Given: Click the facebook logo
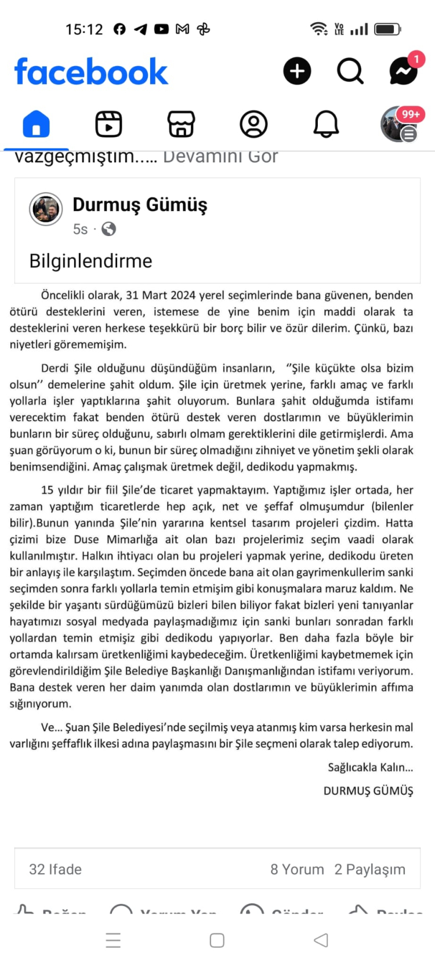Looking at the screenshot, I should tap(91, 71).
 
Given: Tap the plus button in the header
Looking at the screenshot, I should tap(297, 71).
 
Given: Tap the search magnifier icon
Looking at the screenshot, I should tap(350, 71).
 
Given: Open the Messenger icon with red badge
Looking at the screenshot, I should tap(404, 71).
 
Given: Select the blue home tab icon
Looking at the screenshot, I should tap(36, 124).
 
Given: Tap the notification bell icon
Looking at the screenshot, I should tap(326, 124).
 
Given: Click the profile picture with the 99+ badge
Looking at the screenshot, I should tap(398, 124).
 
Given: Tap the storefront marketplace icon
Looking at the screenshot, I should tap(181, 124).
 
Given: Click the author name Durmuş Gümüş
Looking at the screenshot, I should tap(140, 205).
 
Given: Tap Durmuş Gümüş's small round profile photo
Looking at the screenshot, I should tap(46, 209).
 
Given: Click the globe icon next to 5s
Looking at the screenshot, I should tap(108, 229).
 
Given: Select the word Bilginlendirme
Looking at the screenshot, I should tap(90, 261).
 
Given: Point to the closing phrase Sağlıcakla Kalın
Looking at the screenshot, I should tap(370, 767).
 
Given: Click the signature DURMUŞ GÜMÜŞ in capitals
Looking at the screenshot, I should tap(368, 791).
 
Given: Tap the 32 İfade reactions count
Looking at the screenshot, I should tap(55, 869).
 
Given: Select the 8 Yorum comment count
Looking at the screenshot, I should tap(297, 869).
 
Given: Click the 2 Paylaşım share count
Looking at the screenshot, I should tap(369, 869).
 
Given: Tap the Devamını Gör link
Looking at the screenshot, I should tap(220, 157).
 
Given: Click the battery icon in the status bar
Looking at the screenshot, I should tap(387, 29).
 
